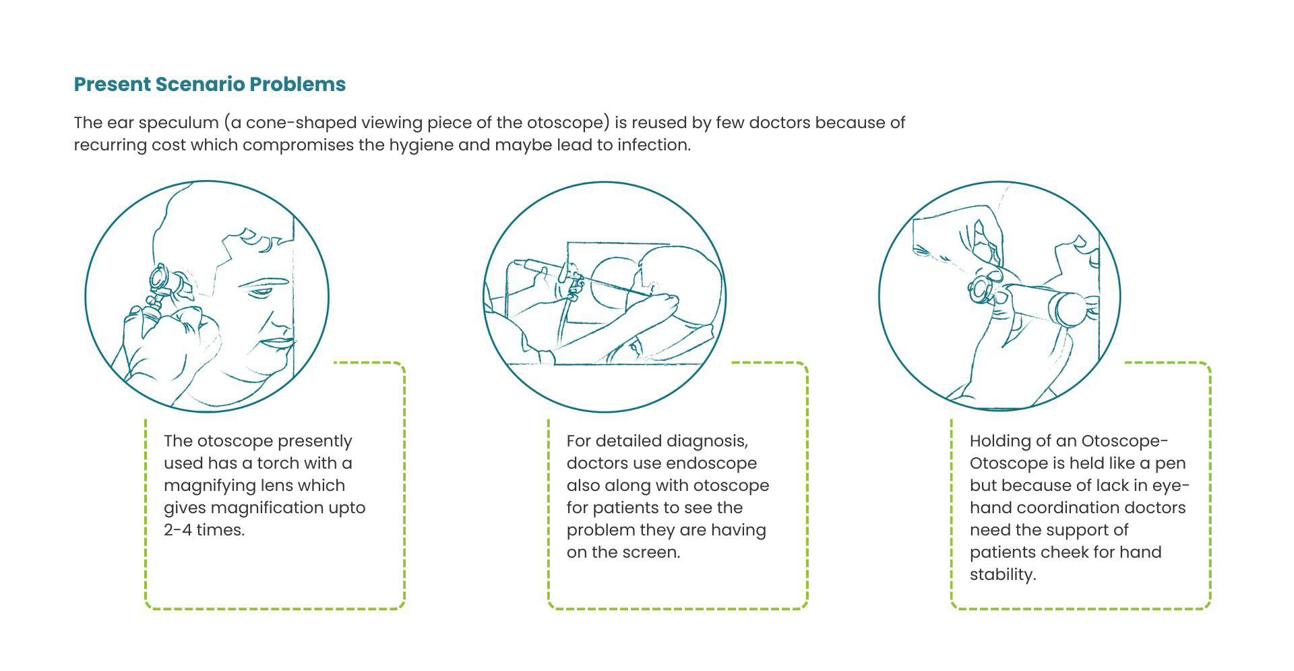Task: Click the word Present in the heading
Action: pos(112,84)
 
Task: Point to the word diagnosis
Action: pos(707,441)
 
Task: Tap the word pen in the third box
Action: pos(1173,463)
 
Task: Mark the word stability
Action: pos(1002,575)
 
